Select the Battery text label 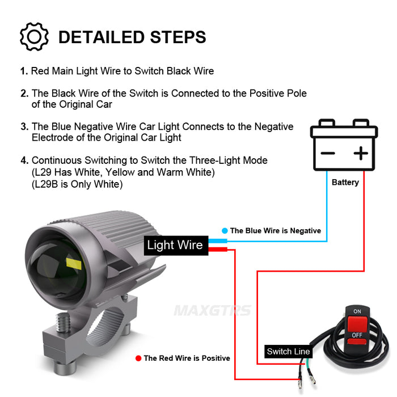(x=345, y=183)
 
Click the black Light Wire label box (x=175, y=245)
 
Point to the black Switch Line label (x=288, y=352)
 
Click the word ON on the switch (x=357, y=312)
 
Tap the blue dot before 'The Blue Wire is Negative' (x=225, y=231)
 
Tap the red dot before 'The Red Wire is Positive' (x=138, y=358)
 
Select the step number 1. (x=23, y=71)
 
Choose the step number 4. (x=23, y=161)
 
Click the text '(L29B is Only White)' (x=77, y=184)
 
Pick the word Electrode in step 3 (x=52, y=138)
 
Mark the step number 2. (x=24, y=93)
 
